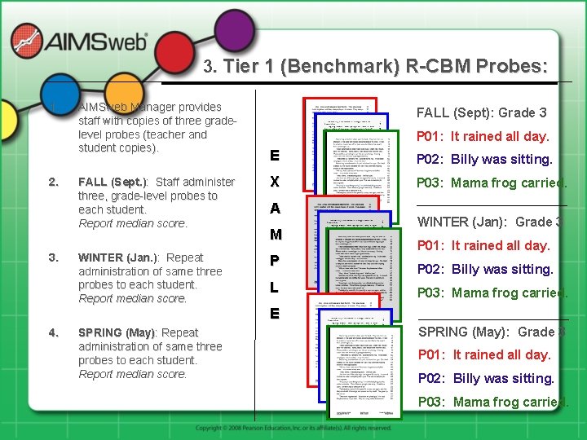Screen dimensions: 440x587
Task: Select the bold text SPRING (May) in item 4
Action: [116, 332]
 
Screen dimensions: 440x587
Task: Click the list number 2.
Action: [53, 182]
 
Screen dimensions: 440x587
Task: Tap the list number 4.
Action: [53, 332]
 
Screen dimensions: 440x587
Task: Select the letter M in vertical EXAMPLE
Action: [276, 235]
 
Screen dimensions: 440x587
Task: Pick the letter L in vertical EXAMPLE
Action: [275, 288]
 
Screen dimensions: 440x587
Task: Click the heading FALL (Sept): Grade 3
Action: [481, 112]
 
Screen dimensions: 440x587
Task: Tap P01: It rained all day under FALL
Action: [483, 136]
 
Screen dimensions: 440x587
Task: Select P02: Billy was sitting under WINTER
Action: [485, 269]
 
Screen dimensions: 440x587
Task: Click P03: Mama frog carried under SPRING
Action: [492, 402]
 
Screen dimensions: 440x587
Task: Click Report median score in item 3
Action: [132, 298]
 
